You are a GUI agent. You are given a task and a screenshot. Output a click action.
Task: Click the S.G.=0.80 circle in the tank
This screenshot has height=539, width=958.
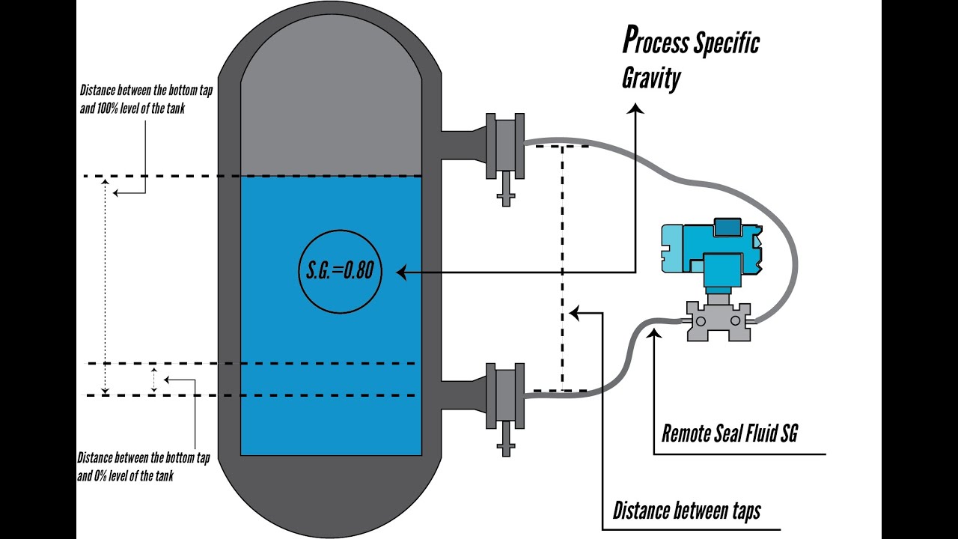340,270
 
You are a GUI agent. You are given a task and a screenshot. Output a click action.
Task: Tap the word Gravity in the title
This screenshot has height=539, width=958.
650,78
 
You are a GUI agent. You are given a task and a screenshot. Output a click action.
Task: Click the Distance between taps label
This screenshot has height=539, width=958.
686,511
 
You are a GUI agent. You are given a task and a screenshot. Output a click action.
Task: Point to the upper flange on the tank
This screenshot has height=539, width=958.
504,146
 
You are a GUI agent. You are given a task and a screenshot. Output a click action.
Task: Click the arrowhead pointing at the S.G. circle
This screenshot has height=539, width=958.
401,273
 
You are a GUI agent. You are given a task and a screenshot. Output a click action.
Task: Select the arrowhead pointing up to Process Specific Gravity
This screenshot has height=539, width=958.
635,109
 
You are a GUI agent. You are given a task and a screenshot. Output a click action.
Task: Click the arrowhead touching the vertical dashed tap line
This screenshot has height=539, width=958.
574,313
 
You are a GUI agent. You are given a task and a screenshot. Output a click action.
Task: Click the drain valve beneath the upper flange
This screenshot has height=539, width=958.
506,191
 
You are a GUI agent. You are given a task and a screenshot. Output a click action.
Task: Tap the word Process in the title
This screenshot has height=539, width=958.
655,42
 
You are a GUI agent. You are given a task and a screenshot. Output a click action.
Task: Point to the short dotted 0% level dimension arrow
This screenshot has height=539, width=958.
154,380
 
